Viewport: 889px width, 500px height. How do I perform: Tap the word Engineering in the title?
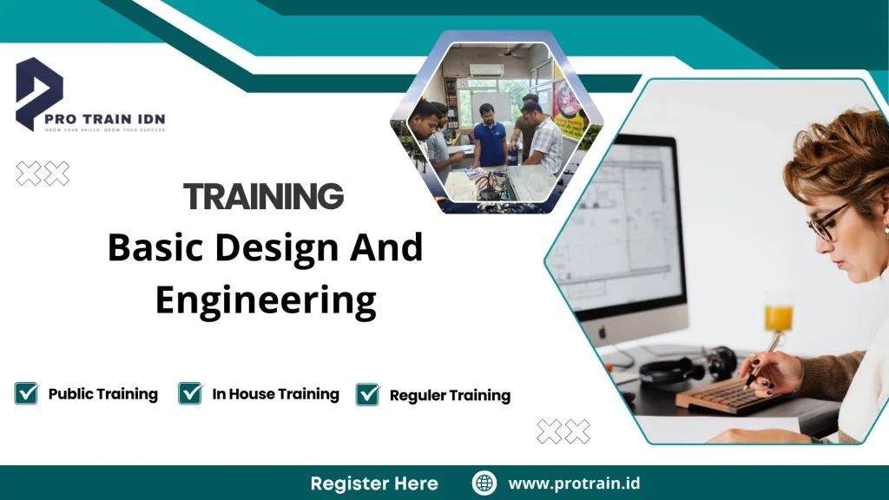click(266, 299)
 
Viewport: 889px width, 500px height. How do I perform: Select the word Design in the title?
click(278, 248)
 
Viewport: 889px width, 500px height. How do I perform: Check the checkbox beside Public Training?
click(26, 393)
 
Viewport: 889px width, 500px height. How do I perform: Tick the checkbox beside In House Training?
click(190, 393)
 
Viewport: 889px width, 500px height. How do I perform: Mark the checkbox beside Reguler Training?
click(368, 395)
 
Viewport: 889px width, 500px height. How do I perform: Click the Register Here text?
click(374, 484)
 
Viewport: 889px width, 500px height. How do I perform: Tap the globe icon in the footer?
click(484, 483)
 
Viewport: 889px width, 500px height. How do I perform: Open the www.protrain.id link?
click(574, 484)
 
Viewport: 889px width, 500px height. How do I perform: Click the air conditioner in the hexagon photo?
click(485, 69)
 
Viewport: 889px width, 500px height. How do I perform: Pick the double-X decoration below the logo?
click(43, 174)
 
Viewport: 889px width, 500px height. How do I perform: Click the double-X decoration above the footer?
click(563, 431)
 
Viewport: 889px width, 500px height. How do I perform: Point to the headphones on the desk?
click(677, 365)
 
